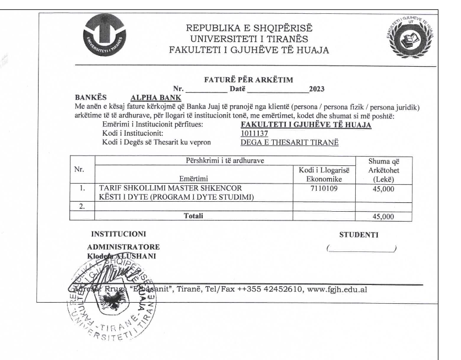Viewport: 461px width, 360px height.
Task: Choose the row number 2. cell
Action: pyautogui.click(x=82, y=207)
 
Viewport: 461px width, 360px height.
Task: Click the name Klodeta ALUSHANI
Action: pyautogui.click(x=124, y=256)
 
